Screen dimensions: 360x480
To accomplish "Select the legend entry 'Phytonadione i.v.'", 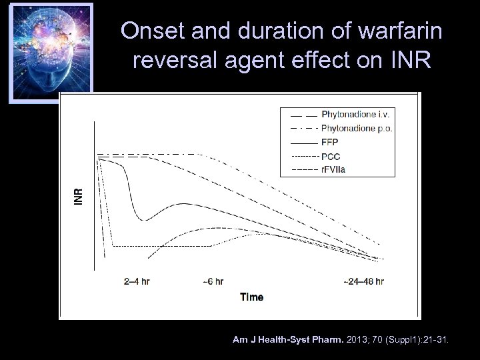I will point(356,114).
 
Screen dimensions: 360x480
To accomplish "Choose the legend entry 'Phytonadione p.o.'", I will point(357,128).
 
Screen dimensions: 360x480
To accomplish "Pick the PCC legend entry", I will point(331,156).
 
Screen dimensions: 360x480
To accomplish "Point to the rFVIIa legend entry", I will point(333,169).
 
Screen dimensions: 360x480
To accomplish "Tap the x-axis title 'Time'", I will point(251,297).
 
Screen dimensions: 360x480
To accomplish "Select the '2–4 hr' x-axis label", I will point(137,281).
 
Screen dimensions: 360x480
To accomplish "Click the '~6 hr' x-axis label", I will point(213,281).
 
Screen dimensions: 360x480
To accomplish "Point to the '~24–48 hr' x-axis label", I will point(364,281).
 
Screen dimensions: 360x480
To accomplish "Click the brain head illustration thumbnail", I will point(51,53).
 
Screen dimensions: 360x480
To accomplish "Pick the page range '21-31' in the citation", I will point(436,340).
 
